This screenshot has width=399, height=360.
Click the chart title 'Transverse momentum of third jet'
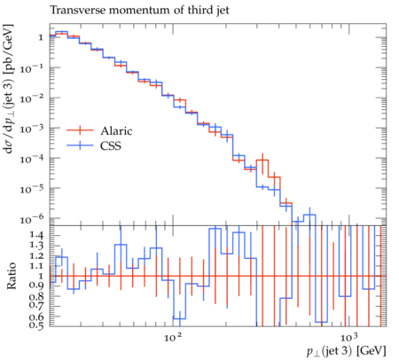click(x=139, y=10)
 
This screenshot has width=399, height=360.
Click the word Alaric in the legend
click(x=116, y=130)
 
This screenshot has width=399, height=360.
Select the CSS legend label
click(x=111, y=145)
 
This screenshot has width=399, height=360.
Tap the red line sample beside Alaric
click(x=80, y=130)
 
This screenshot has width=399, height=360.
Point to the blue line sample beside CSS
click(x=80, y=145)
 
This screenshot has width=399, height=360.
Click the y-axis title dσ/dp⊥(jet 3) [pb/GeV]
click(x=8, y=89)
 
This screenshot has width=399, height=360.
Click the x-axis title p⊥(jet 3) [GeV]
click(x=347, y=351)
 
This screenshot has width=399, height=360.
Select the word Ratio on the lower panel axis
click(x=12, y=276)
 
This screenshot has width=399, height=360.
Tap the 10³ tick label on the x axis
click(x=348, y=337)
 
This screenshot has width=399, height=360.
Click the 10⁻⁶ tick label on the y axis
click(x=32, y=218)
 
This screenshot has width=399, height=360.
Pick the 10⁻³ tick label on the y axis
click(x=32, y=129)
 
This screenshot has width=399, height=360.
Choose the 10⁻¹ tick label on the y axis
click(x=32, y=68)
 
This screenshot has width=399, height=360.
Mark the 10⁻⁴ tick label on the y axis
click(x=32, y=159)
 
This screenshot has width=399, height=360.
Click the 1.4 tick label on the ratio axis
click(x=36, y=235)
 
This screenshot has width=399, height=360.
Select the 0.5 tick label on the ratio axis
click(x=36, y=325)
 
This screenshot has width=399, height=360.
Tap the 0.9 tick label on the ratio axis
click(x=36, y=286)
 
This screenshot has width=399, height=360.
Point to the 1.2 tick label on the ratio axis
click(x=36, y=255)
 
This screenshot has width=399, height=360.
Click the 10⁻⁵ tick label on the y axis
click(x=32, y=189)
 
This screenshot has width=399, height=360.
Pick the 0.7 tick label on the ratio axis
click(x=36, y=305)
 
